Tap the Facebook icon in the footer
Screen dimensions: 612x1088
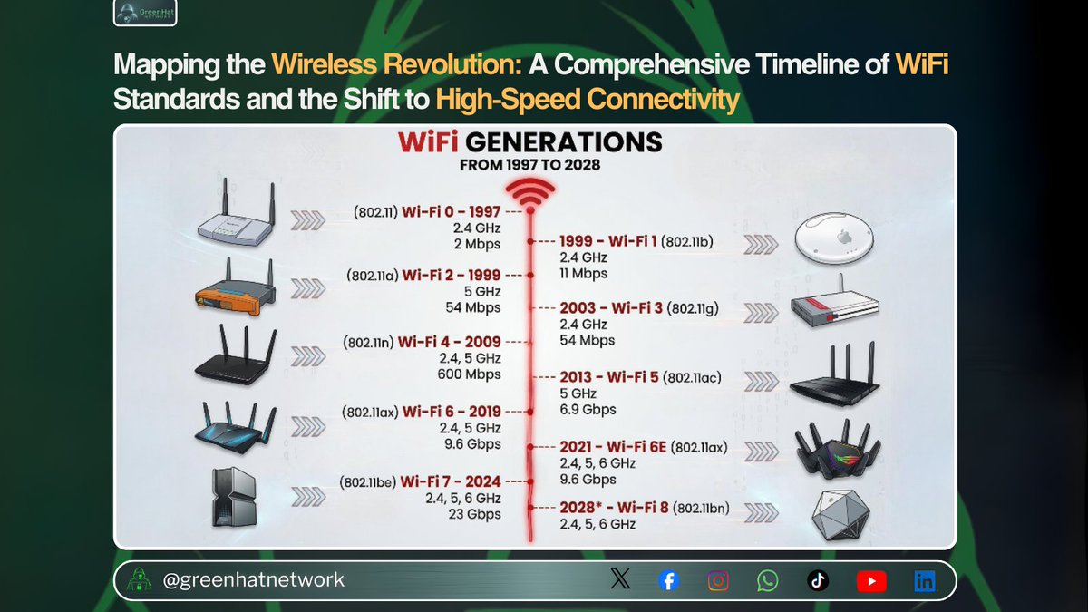[668, 581]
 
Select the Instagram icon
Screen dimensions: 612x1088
[718, 581]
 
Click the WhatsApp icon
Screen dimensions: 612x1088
[768, 581]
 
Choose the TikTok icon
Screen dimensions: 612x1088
[818, 581]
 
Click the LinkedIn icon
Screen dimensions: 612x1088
[924, 581]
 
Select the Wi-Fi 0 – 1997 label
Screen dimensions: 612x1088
[452, 212]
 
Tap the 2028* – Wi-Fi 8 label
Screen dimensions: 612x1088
[614, 508]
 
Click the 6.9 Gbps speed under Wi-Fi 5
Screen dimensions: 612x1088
[588, 409]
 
